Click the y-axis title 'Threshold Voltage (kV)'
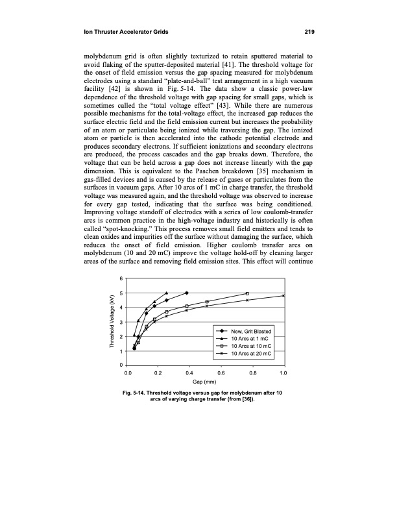tap(112, 323)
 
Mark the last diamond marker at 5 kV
tap(187, 293)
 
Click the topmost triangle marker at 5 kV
tap(167, 293)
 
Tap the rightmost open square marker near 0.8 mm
tap(247, 293)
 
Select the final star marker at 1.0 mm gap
tap(283, 296)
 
